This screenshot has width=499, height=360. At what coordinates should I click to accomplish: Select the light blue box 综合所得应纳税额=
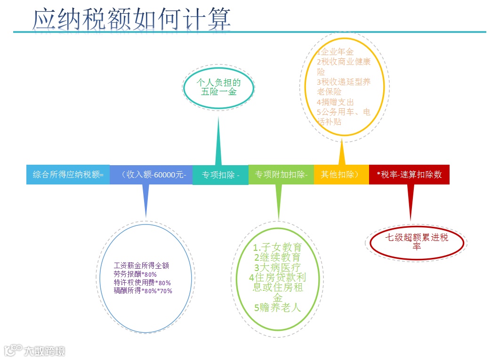[68, 175]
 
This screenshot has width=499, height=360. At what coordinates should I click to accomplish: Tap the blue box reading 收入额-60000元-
[151, 175]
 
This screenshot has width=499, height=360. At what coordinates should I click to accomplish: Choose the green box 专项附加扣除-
[281, 175]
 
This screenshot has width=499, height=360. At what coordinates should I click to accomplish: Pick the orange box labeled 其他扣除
[341, 174]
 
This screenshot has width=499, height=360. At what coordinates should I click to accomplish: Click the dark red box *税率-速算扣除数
[409, 175]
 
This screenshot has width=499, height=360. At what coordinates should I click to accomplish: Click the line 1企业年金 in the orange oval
[335, 52]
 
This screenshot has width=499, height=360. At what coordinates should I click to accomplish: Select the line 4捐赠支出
[335, 102]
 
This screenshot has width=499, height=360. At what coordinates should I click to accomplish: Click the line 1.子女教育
[277, 248]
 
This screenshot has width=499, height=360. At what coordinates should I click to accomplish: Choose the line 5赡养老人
[277, 308]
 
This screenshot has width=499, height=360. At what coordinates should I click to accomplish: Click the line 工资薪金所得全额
[141, 265]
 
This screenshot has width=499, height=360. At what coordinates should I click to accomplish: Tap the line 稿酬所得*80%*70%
[143, 291]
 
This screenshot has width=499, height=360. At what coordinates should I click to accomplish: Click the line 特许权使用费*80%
[142, 282]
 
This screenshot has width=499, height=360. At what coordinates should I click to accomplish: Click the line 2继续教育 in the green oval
[277, 258]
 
